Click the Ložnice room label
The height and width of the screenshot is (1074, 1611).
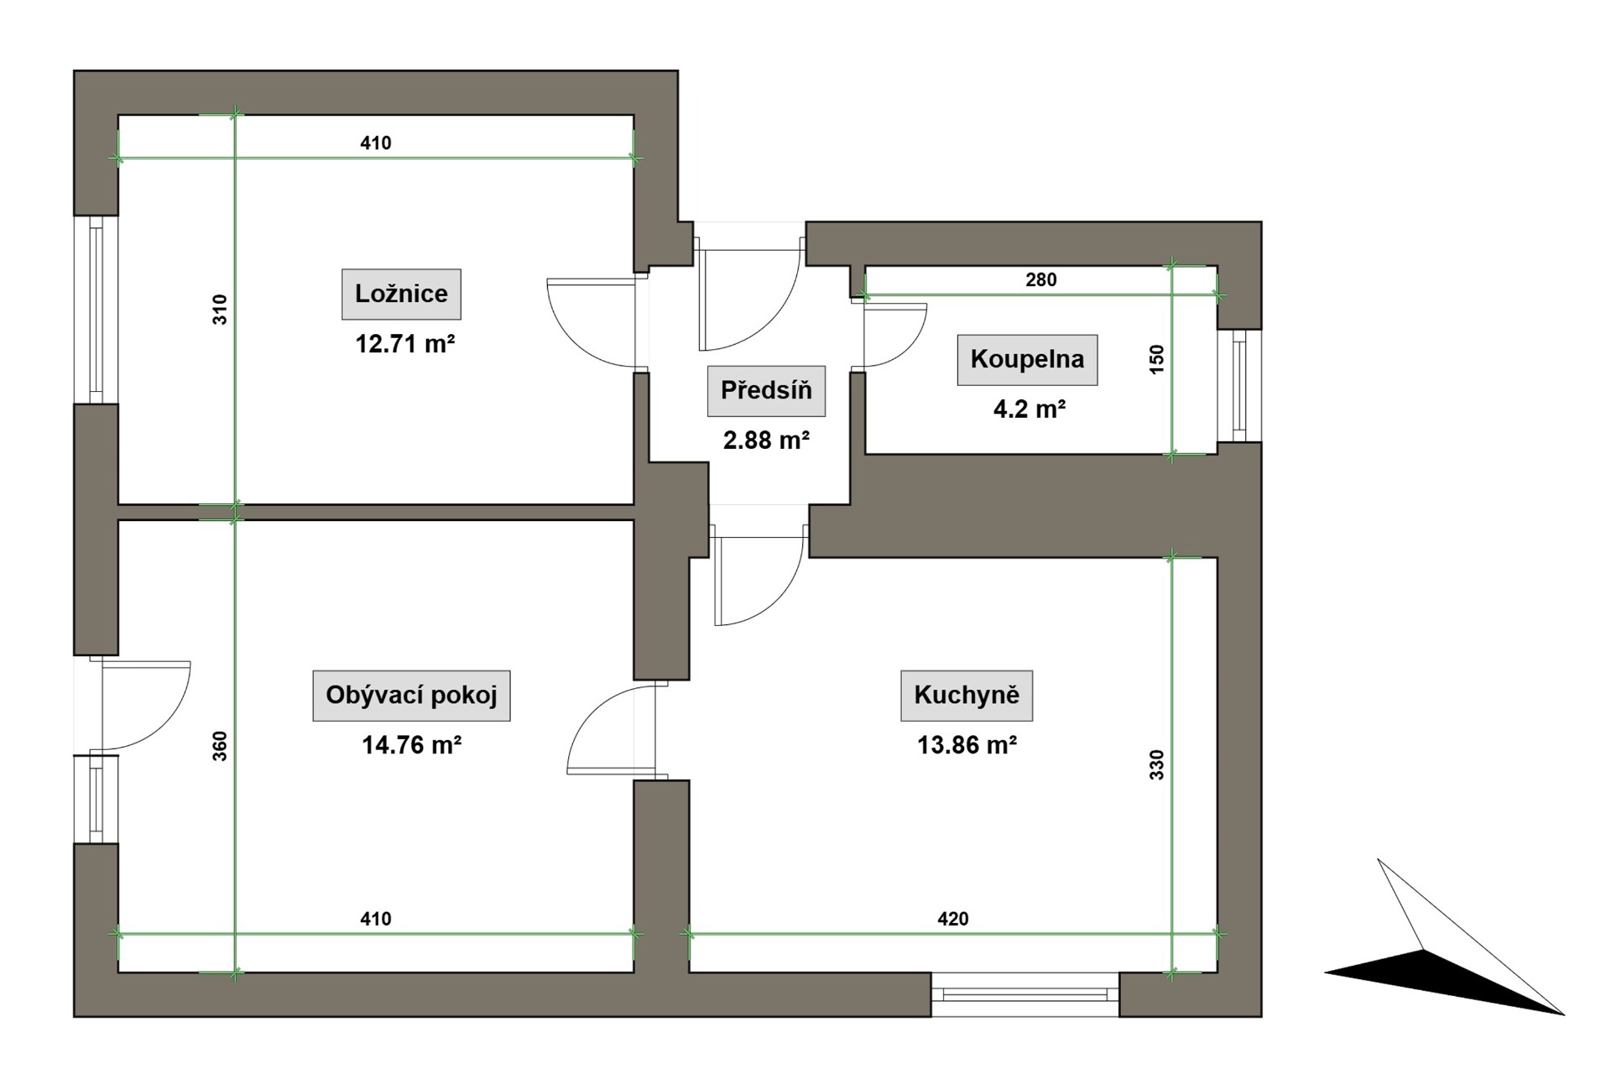point(401,294)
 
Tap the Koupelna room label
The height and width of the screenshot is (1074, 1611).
point(1027,359)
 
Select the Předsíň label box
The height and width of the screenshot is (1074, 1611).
point(766,390)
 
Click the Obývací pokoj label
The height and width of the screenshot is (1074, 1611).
point(411,695)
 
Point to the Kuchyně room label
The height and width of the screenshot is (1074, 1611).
point(967,695)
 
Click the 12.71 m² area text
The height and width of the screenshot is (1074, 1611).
point(405,344)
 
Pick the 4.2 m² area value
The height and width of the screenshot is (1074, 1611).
point(1030,409)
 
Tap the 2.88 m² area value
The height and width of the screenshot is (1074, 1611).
point(766,440)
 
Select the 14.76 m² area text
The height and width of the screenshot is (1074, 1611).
point(412,745)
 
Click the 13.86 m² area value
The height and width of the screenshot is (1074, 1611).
point(967,745)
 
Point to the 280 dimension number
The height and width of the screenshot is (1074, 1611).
point(1041,280)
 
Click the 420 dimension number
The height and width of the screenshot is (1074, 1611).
point(953,919)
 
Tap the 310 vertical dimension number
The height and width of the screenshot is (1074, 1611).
point(220,310)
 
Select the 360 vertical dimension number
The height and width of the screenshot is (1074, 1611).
point(220,746)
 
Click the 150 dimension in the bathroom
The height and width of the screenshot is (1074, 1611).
point(1157,359)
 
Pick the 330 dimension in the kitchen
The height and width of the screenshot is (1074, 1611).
point(1157,765)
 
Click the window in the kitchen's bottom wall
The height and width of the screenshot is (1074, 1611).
point(1024,995)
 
